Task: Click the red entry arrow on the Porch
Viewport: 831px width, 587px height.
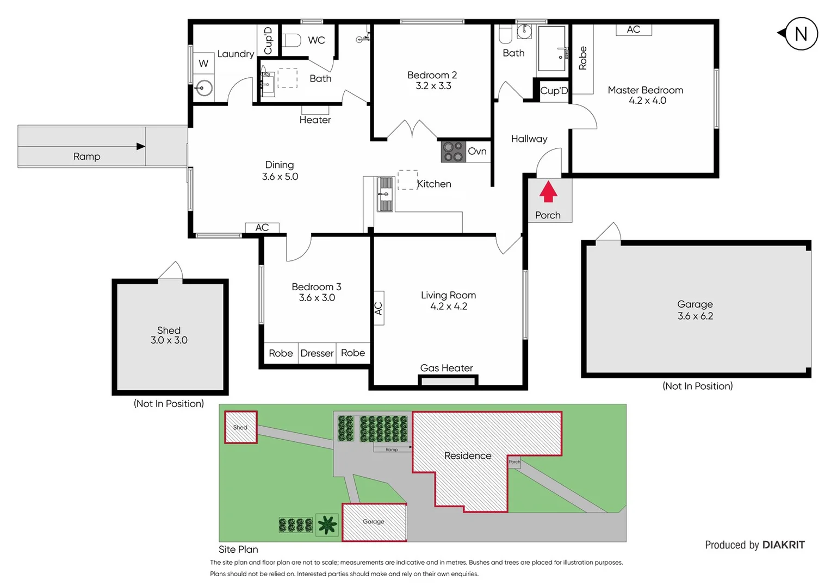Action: click(x=548, y=191)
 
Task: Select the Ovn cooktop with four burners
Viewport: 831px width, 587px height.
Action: click(x=452, y=152)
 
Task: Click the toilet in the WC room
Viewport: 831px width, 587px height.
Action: click(x=292, y=40)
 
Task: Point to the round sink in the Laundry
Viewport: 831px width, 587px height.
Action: click(x=204, y=87)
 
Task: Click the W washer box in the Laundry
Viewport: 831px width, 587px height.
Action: click(x=203, y=64)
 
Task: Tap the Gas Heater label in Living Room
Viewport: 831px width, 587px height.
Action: click(x=446, y=368)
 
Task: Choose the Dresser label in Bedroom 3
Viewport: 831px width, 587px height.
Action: click(x=317, y=353)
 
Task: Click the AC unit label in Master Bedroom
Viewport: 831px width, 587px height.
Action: click(x=634, y=30)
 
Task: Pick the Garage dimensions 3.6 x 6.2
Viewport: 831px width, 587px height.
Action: click(x=695, y=316)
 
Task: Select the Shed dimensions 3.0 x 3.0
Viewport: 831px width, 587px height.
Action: click(x=169, y=340)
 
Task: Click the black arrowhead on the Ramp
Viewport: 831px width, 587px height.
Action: click(x=140, y=146)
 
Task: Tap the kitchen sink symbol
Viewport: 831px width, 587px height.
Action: click(x=385, y=194)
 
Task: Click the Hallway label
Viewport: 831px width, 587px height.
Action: click(x=529, y=139)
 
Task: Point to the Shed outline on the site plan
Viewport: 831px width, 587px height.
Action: click(x=240, y=427)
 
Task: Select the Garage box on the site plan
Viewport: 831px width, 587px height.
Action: click(x=374, y=522)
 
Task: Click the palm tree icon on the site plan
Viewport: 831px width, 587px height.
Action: click(x=327, y=524)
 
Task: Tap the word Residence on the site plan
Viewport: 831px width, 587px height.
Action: click(x=468, y=455)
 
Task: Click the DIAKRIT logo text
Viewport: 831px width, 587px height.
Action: click(x=783, y=545)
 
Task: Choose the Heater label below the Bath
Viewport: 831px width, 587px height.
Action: click(x=315, y=120)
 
